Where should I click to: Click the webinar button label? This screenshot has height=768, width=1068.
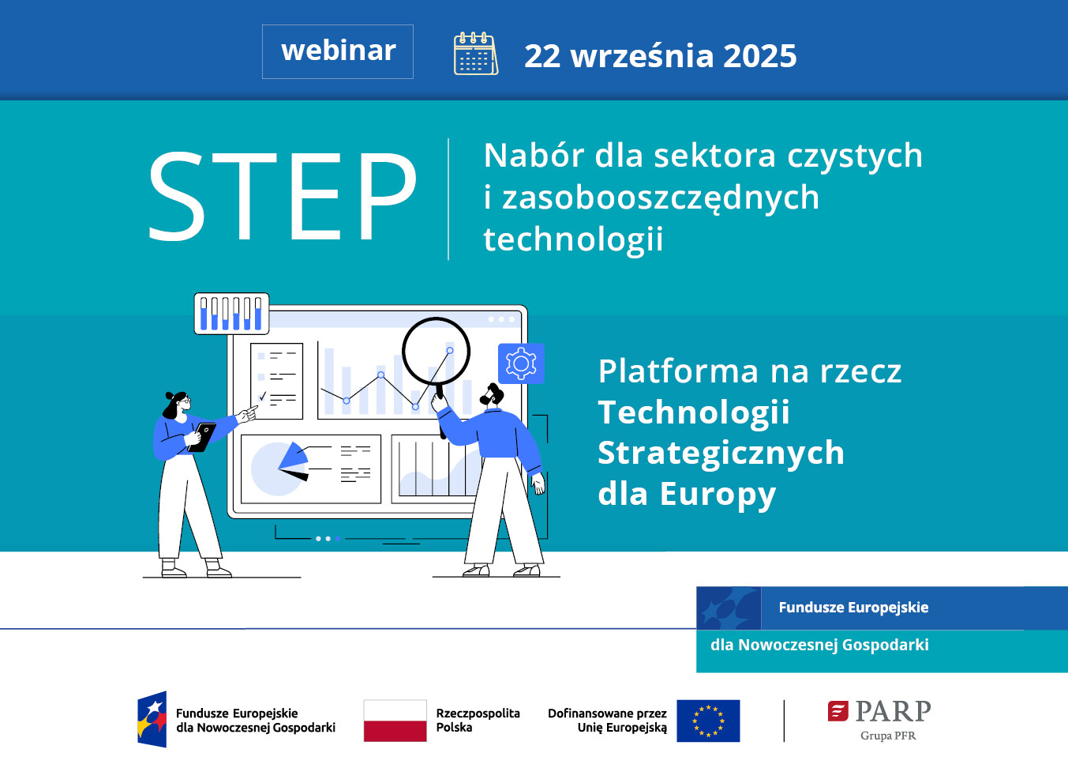[x=338, y=51]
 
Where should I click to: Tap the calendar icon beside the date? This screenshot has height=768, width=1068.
[x=475, y=54]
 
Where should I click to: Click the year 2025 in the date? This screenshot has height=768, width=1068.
[x=759, y=56]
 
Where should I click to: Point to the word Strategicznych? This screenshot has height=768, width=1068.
[x=721, y=453]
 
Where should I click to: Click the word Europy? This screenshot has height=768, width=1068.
[x=718, y=494]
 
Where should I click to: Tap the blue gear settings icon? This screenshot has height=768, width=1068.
[x=521, y=363]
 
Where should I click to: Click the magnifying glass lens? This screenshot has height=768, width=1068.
[x=436, y=351]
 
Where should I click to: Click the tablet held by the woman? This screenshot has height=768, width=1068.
[x=204, y=436]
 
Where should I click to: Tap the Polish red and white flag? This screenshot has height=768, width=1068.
[x=395, y=721]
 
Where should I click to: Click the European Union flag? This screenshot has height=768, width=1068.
[x=708, y=721]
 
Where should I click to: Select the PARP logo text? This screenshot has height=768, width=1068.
[x=892, y=712]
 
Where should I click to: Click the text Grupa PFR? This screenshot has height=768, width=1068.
[x=888, y=736]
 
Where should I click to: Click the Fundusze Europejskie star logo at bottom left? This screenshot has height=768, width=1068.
[x=152, y=719]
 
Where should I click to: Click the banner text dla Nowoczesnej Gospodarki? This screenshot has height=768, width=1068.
[x=819, y=645]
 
